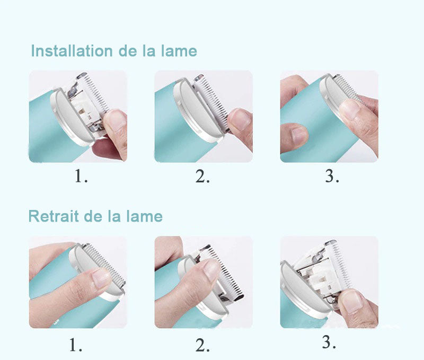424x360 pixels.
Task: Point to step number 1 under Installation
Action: tap(81, 176)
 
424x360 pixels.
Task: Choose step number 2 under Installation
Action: tap(202, 176)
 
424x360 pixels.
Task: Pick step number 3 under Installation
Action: tap(332, 176)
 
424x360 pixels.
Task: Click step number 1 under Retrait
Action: tap(76, 346)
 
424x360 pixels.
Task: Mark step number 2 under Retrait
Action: tap(202, 346)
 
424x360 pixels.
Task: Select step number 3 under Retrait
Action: tap(329, 343)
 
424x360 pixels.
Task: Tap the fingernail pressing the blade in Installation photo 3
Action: tap(350, 109)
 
